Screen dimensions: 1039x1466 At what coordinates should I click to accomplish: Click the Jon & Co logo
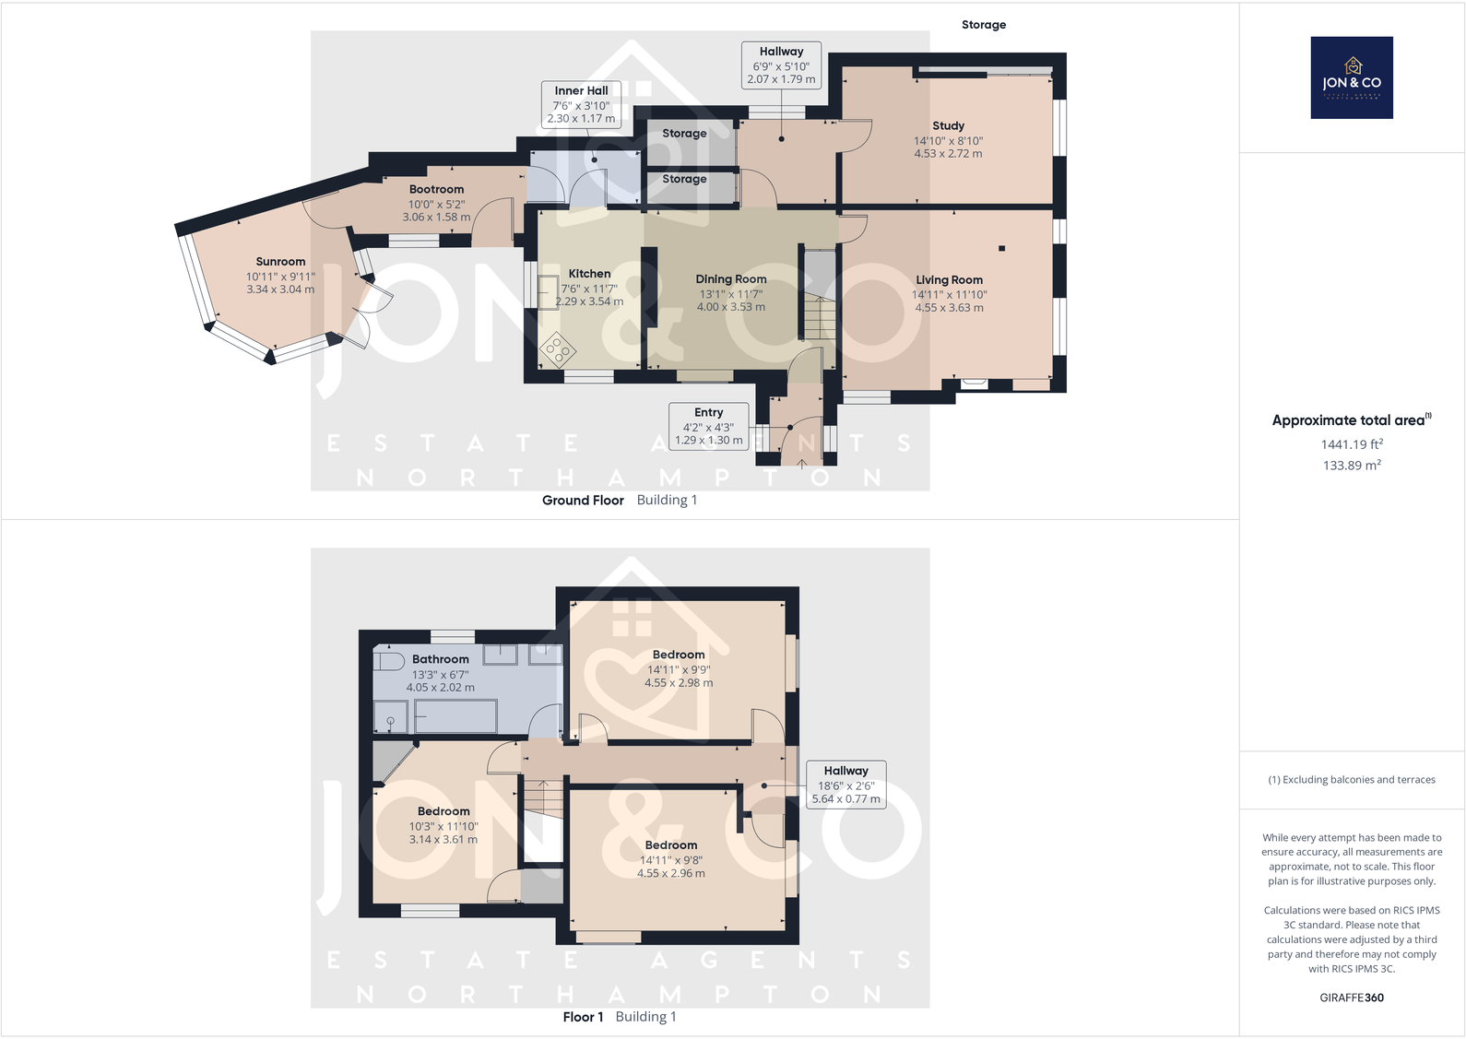click(x=1351, y=77)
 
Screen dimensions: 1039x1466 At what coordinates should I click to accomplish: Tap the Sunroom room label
click(x=280, y=262)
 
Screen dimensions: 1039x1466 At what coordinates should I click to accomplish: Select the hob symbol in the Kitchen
click(x=558, y=349)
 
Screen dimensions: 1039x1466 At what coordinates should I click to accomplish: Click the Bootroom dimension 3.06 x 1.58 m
click(x=436, y=218)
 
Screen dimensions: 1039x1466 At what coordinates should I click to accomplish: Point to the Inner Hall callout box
click(x=581, y=104)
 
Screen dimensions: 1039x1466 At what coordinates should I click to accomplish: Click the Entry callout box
click(x=708, y=426)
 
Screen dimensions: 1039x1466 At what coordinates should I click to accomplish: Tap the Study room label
click(x=948, y=125)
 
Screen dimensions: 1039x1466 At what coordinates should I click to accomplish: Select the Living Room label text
click(x=949, y=280)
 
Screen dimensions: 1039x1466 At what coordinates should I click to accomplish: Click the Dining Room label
click(x=730, y=279)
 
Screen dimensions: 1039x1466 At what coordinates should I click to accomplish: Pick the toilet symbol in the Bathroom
click(x=389, y=662)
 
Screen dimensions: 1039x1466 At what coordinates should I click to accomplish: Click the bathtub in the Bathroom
click(x=455, y=716)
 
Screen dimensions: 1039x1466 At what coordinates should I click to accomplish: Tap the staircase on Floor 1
click(x=543, y=797)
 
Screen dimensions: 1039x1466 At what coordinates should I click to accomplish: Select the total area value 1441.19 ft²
click(x=1351, y=444)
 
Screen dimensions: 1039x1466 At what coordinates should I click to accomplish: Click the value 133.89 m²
click(x=1351, y=466)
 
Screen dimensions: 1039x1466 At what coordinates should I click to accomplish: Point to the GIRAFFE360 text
click(x=1351, y=998)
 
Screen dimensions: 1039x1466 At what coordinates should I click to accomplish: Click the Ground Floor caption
click(x=583, y=501)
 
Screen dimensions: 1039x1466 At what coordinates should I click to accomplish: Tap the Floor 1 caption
click(x=583, y=1017)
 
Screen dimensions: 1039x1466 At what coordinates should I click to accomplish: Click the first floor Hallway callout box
click(x=845, y=785)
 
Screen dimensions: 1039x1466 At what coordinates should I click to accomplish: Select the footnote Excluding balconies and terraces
click(x=1351, y=780)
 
